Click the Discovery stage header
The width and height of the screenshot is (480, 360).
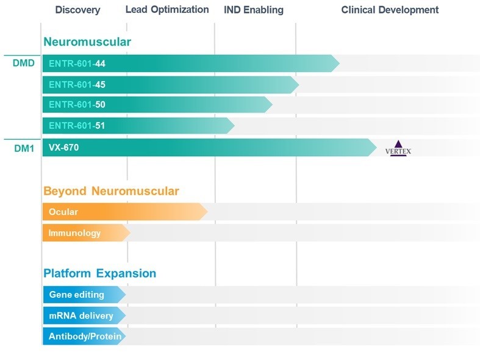point(77,10)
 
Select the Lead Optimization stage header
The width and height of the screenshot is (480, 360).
point(167,10)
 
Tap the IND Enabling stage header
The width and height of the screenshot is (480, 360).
point(254,10)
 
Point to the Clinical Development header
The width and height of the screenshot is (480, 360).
point(390,10)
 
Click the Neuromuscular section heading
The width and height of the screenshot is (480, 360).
point(87,42)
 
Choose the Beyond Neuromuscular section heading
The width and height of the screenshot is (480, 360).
point(111,191)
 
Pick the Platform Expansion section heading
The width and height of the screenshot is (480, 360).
point(99,273)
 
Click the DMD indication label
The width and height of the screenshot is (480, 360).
point(23,63)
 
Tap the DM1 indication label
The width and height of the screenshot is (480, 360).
point(23,148)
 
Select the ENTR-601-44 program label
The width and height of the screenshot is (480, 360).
point(77,63)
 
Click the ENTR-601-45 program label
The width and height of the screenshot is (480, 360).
point(77,84)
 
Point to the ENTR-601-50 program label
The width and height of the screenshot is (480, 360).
point(77,105)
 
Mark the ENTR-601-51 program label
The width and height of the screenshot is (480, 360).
point(77,126)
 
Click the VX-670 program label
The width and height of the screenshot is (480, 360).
point(63,147)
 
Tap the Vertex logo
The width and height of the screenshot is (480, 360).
point(399,148)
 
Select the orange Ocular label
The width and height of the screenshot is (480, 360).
point(63,212)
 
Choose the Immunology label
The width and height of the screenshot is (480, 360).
point(74,233)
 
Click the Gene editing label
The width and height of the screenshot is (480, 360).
point(76,295)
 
